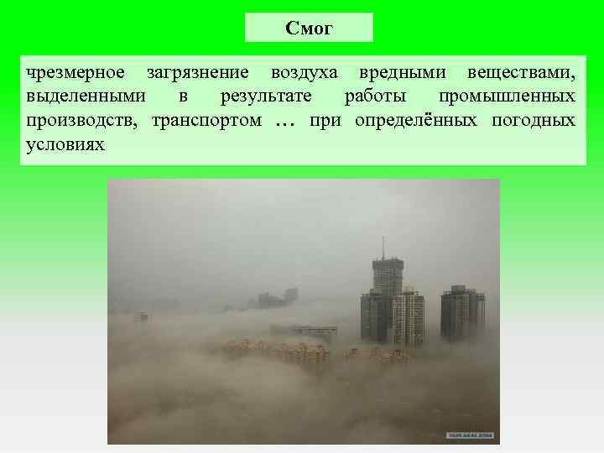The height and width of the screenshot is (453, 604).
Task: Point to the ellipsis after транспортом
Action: pos(285,122)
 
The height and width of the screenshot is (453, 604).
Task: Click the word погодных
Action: pos(537,120)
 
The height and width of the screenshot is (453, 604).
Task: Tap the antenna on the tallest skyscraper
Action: pos(383,247)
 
